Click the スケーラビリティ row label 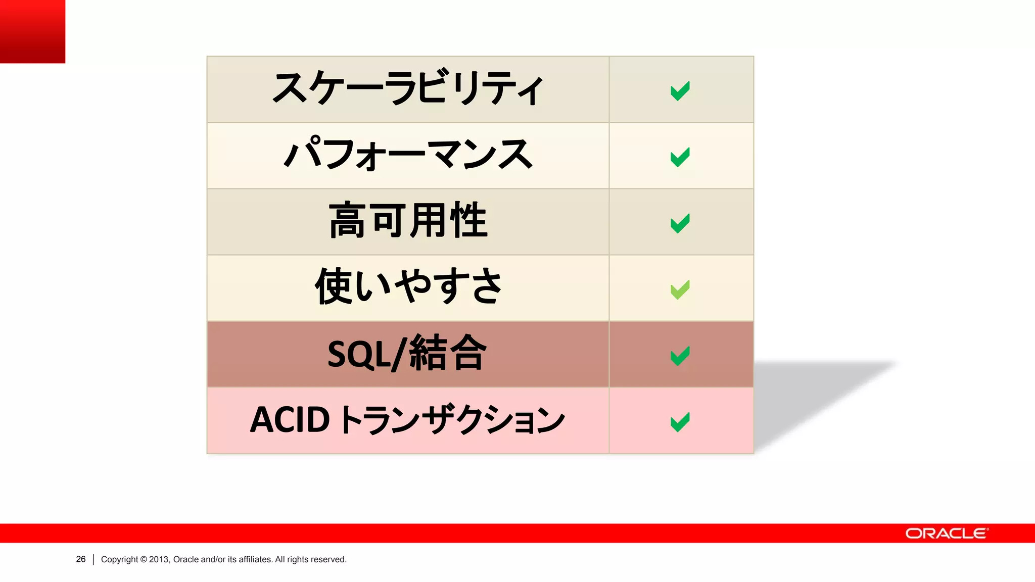click(x=407, y=88)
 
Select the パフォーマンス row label click(x=407, y=155)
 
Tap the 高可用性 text click(x=407, y=221)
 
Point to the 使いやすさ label click(x=407, y=286)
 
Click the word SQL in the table click(x=359, y=354)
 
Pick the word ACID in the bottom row click(x=290, y=420)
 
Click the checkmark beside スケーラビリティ click(x=680, y=91)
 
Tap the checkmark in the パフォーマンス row click(x=680, y=157)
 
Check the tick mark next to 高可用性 click(x=680, y=223)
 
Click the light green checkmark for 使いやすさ click(x=680, y=289)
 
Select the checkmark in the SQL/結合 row click(x=680, y=356)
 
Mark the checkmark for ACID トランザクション click(x=680, y=422)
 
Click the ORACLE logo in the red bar click(x=946, y=533)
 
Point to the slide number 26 click(x=81, y=559)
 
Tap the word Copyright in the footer click(x=119, y=559)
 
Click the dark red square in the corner click(x=32, y=31)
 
